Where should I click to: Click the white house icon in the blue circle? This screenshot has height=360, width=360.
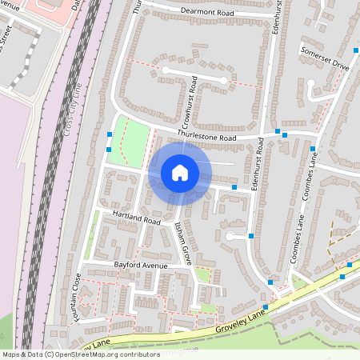pos(180,173)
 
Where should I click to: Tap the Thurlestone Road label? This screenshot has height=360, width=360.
pos(207,137)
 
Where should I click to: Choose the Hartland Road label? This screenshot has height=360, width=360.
pos(137,218)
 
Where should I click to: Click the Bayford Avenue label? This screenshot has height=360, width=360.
pos(141,265)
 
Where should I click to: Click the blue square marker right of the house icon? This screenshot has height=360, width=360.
pos(234,187)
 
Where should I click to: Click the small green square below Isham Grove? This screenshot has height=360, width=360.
pos(203,275)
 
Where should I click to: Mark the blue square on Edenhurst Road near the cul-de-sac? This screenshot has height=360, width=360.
pos(253,236)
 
